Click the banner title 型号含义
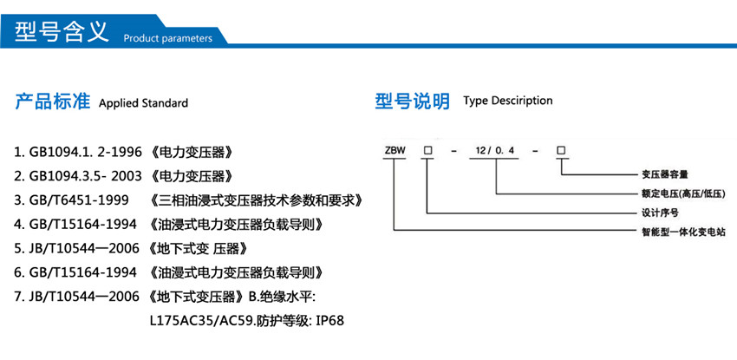[61, 32]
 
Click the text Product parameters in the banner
[167, 38]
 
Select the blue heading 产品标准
[53, 101]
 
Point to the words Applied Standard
[143, 103]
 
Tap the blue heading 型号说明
[412, 101]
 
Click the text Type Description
[508, 101]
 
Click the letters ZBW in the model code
[394, 151]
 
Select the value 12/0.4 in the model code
[495, 151]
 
